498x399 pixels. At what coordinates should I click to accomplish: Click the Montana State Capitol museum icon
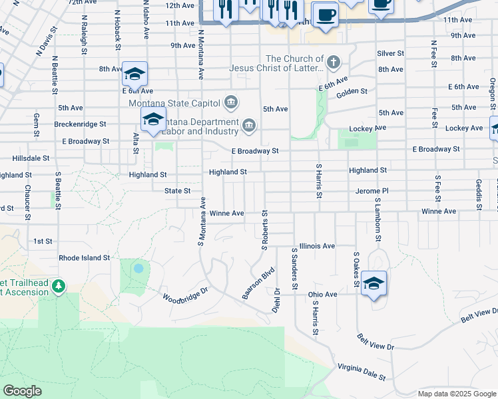click(x=231, y=102)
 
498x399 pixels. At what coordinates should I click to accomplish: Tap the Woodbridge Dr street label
click(x=186, y=293)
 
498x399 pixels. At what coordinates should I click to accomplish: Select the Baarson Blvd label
click(x=258, y=283)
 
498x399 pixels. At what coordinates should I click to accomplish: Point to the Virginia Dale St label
click(x=362, y=372)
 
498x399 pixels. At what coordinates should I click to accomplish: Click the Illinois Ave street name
click(x=317, y=245)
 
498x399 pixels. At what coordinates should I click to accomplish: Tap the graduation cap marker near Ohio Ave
click(x=374, y=283)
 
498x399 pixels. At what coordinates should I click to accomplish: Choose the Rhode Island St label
click(x=85, y=257)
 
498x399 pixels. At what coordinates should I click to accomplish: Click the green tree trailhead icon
click(x=59, y=286)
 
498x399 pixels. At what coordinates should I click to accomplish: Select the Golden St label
click(x=352, y=91)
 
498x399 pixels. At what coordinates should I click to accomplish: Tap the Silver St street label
click(x=390, y=53)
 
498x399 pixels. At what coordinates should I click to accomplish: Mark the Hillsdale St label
click(x=31, y=158)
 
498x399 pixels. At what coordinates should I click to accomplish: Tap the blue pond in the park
click(x=138, y=269)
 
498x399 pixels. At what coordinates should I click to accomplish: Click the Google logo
click(x=22, y=391)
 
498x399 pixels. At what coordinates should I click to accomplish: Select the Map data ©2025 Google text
click(x=456, y=394)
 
